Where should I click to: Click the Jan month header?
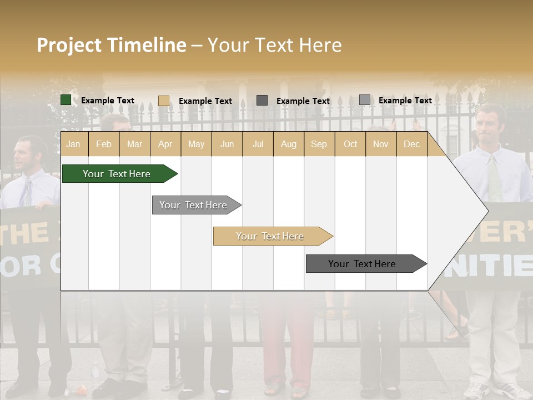click(73, 144)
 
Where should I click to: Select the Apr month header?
click(165, 144)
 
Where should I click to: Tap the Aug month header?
click(288, 144)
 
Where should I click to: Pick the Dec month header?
click(411, 144)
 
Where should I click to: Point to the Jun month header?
click(227, 144)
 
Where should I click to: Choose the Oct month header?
click(350, 144)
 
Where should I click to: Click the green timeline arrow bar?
click(117, 174)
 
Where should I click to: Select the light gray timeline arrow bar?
click(194, 205)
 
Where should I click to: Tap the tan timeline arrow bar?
click(270, 236)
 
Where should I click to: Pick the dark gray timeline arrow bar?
click(363, 264)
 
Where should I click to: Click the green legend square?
click(66, 100)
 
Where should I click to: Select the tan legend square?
click(164, 101)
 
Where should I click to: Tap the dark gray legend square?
click(262, 101)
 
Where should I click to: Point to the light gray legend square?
click(364, 100)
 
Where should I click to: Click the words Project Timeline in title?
click(111, 45)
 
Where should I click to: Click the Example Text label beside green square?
click(108, 101)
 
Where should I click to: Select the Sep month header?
click(319, 144)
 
